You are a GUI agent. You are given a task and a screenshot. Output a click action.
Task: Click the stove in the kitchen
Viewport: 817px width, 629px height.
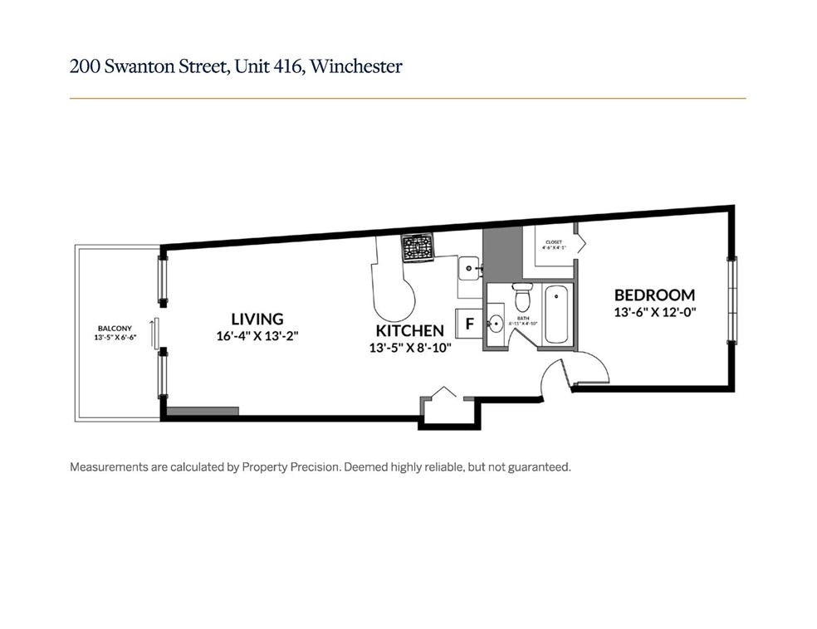click(x=418, y=247)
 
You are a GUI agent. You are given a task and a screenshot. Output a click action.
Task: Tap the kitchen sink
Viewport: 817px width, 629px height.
click(x=467, y=267)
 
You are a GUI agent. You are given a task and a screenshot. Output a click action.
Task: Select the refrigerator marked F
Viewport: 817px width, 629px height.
click(x=469, y=324)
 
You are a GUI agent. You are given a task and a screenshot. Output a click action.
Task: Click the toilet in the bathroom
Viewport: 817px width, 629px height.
click(x=522, y=297)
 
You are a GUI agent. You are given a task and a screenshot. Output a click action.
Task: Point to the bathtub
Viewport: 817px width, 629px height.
click(x=555, y=314)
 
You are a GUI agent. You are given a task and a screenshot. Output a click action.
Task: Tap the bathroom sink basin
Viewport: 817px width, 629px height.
click(x=495, y=324)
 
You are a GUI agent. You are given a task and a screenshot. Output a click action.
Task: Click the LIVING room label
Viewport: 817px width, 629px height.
click(x=257, y=319)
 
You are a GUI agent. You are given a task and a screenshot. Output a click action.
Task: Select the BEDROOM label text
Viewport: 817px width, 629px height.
click(x=654, y=295)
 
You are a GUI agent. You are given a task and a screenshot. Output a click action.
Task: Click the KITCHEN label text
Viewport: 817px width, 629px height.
click(x=408, y=331)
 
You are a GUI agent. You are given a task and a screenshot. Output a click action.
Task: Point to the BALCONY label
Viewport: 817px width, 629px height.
click(x=115, y=329)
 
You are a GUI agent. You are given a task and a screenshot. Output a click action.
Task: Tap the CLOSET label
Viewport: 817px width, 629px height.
click(x=552, y=241)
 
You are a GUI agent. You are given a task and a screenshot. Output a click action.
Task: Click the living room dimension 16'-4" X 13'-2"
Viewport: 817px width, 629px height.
click(x=257, y=336)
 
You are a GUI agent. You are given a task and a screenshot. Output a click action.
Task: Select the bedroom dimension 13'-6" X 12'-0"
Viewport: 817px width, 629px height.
click(x=654, y=312)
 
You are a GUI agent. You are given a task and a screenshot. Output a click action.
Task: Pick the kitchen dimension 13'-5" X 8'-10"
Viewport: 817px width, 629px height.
click(x=408, y=349)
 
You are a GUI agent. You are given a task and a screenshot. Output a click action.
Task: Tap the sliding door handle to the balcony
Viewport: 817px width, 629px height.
click(x=153, y=334)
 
